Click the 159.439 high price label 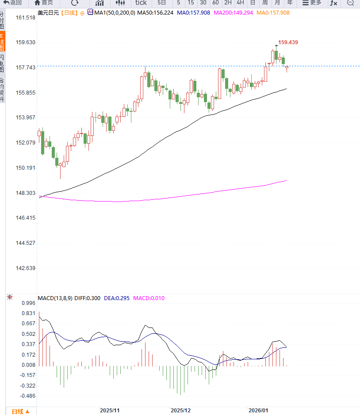[288, 42]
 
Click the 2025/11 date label [110, 411]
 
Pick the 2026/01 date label [259, 411]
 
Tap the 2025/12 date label [180, 411]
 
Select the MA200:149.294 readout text [233, 13]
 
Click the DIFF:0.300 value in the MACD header [89, 298]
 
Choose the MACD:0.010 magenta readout [149, 298]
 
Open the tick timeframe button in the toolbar [141, 3]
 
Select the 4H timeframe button [240, 3]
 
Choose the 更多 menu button [312, 3]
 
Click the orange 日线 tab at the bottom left [20, 411]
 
